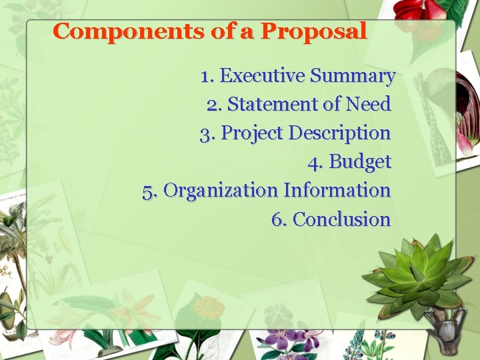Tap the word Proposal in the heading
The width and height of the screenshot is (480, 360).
coord(314,31)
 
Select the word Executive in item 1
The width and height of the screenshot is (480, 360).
coord(263,75)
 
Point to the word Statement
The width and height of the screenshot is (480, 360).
coord(273,103)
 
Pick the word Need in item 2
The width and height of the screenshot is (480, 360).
coord(368,103)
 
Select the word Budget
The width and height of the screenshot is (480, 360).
coord(360,162)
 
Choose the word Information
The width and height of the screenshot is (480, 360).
coord(337,190)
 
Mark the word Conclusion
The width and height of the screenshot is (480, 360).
coord(341,219)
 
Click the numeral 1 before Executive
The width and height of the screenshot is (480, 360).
coord(205,77)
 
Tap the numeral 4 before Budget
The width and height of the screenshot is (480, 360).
coord(313,163)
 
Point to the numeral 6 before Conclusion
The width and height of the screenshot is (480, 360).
coord(278,219)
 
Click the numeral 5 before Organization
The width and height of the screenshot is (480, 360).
coord(148,192)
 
